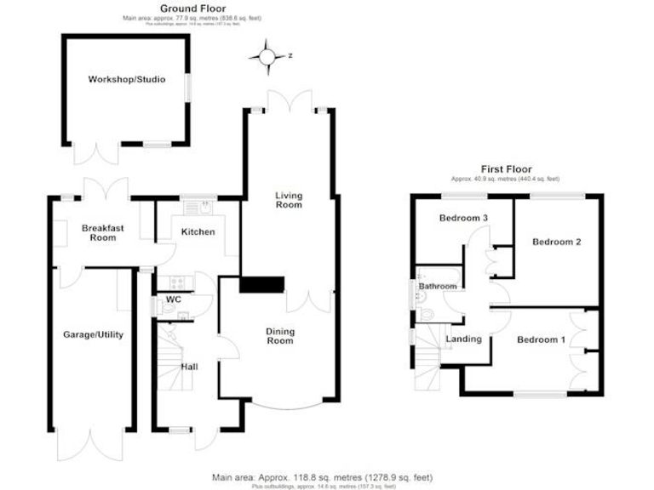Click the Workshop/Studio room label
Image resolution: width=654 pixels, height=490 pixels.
pos(127,80)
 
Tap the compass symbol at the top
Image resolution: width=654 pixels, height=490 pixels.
pos(267,57)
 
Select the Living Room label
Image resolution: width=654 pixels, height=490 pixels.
pos(289,200)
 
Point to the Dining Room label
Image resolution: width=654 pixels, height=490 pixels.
pos(279,336)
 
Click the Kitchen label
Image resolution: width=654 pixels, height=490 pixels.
pos(198,232)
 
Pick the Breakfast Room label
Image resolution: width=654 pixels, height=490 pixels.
pos(98,232)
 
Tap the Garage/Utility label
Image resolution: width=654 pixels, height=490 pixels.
pos(94,335)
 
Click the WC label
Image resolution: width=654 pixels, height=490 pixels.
pos(173,299)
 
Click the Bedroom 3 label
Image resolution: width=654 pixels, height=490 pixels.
pos(463,219)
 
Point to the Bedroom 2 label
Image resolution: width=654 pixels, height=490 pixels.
pos(557,242)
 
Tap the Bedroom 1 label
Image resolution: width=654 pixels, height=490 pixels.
pos(542,340)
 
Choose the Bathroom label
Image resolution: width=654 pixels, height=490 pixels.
pos(438,287)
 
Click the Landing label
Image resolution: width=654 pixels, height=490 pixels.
pos(464,339)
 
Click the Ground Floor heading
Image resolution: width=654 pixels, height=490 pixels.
pos(186,9)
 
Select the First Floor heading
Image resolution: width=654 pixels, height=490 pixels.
pos(504,169)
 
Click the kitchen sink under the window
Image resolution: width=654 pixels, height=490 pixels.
pos(197,206)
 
